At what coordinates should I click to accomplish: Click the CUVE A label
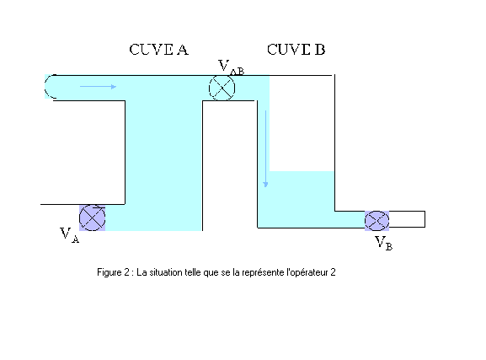(x=158, y=50)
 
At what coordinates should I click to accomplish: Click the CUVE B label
(x=296, y=50)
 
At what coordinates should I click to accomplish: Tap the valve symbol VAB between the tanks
(x=222, y=89)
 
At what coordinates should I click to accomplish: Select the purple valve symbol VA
(x=93, y=218)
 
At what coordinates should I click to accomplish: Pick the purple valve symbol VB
(x=377, y=221)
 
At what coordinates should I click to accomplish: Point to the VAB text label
(x=232, y=67)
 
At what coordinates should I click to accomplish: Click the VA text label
(x=69, y=235)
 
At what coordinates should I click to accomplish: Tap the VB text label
(x=384, y=243)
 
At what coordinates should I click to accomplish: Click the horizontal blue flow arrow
(x=98, y=87)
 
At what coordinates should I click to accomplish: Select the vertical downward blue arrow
(x=265, y=149)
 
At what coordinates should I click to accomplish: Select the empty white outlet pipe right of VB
(x=407, y=219)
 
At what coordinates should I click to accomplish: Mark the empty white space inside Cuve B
(x=302, y=123)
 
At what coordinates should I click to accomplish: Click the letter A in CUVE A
(x=183, y=50)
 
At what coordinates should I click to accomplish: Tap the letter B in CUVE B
(x=320, y=50)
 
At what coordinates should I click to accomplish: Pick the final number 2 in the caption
(x=333, y=272)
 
